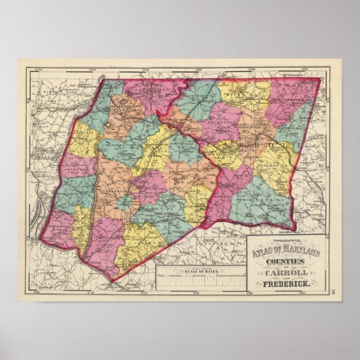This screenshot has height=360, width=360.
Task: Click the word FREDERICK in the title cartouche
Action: pos(285,285)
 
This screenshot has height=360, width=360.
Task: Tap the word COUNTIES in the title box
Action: pos(285,260)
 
